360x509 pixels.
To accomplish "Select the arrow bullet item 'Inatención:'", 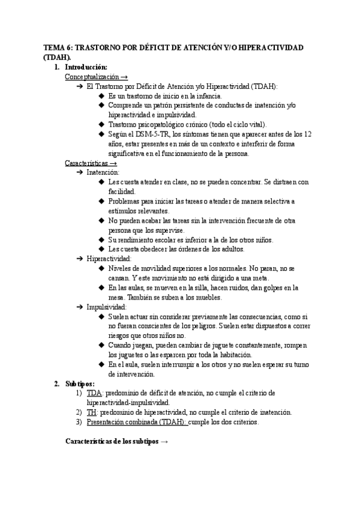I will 103,173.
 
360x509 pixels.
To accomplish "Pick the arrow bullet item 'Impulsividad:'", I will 106,307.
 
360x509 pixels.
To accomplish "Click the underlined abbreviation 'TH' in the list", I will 92,412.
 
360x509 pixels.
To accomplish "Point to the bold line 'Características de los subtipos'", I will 111,441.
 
